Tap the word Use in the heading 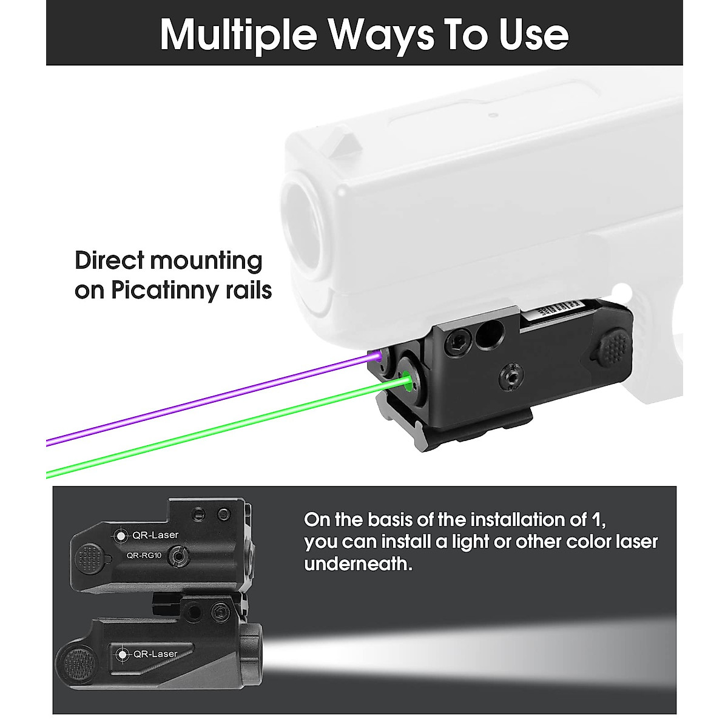[x=534, y=35]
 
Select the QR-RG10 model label [x=144, y=554]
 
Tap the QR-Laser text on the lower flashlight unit [x=155, y=653]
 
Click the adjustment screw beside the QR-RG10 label [x=178, y=554]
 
